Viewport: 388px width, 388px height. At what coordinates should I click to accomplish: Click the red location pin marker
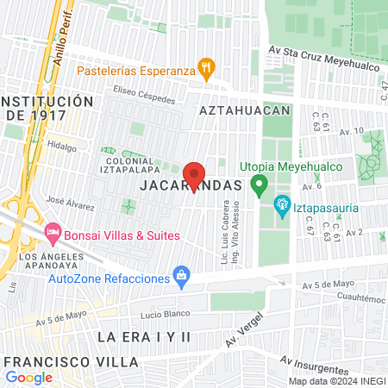[x=194, y=175]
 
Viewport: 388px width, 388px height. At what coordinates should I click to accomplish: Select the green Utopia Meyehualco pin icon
[x=258, y=184]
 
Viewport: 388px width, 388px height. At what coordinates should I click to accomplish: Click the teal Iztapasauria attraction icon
[x=280, y=205]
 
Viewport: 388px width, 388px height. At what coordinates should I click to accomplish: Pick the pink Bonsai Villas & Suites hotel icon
[x=53, y=233]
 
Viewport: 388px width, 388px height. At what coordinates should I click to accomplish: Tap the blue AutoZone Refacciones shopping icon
[x=181, y=276]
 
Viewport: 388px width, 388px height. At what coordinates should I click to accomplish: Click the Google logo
[x=29, y=377]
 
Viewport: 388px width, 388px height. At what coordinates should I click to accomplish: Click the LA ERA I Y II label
[x=143, y=334]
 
